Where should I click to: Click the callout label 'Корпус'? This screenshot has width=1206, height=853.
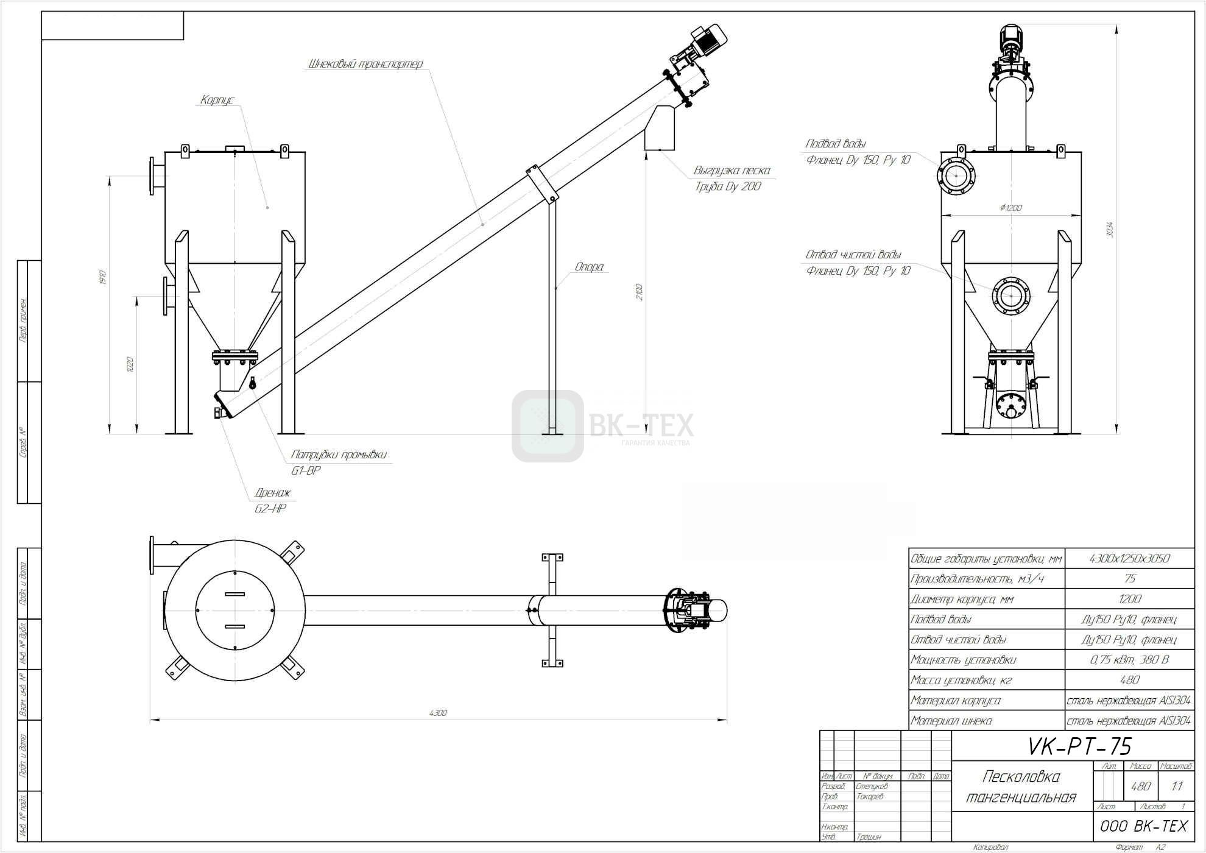click(x=217, y=100)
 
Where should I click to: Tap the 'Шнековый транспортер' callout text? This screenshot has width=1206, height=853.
click(x=365, y=64)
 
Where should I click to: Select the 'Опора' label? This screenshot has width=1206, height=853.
click(x=589, y=267)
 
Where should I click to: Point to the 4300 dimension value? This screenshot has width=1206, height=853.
click(x=438, y=713)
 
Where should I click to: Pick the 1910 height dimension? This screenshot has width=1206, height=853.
click(x=103, y=278)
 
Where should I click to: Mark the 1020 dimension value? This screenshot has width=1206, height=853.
click(x=129, y=364)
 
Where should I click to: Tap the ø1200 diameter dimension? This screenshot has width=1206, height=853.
click(x=1010, y=208)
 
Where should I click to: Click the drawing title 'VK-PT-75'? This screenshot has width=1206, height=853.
click(x=1079, y=746)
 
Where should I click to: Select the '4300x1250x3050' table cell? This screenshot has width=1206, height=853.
click(x=1129, y=559)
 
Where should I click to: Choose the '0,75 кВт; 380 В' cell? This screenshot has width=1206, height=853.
click(x=1129, y=660)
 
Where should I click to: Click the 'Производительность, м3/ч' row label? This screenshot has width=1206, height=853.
click(x=976, y=579)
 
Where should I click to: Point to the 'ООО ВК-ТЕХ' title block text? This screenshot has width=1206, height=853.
click(x=1144, y=826)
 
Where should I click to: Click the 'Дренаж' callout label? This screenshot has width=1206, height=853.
click(x=272, y=493)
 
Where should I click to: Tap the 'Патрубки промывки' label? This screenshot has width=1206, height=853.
click(x=339, y=455)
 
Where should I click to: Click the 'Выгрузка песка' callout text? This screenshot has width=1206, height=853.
click(x=732, y=171)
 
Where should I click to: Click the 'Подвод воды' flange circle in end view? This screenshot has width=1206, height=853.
click(x=956, y=176)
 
